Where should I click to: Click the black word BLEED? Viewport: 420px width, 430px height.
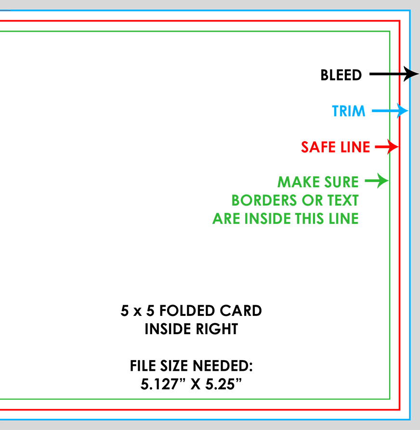(341, 75)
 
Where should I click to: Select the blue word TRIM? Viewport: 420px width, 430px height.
(349, 111)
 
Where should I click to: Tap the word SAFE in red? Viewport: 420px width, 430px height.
(318, 147)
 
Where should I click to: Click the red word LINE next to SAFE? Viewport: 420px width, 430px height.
(355, 147)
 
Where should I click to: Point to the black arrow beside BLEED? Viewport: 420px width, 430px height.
(394, 74)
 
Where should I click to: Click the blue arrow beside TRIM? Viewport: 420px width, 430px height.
(390, 111)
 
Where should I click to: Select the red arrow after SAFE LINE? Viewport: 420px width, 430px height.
(387, 147)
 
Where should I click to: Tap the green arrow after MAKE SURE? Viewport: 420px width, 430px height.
(376, 181)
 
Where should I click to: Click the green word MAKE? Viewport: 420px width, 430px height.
(299, 182)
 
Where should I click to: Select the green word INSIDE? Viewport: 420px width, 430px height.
(267, 219)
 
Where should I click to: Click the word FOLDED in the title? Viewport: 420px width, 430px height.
(187, 311)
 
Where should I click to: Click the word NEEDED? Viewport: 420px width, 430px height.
(223, 366)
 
